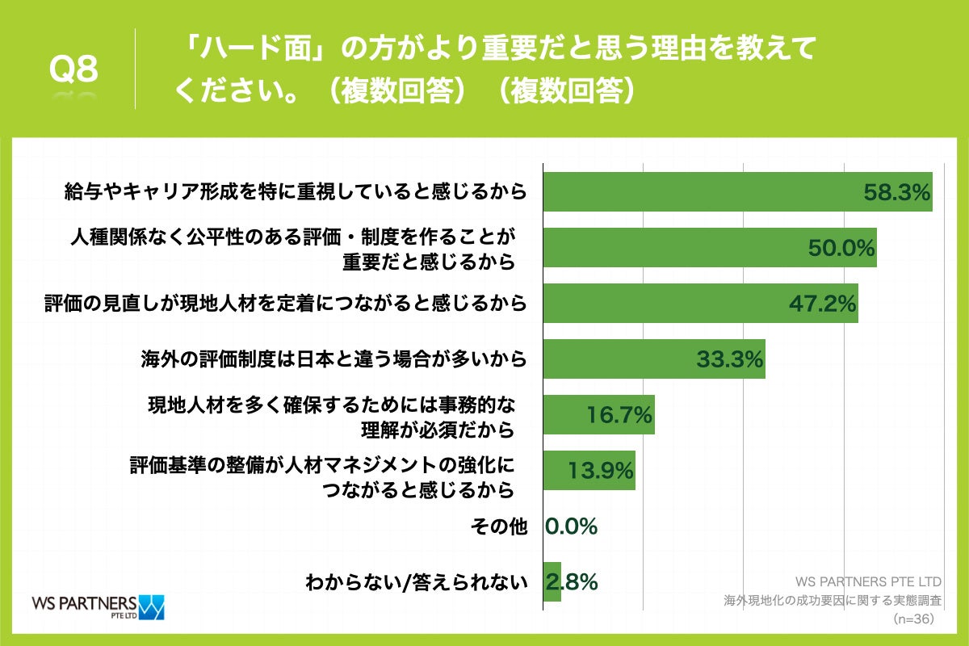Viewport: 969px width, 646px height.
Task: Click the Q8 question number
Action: tap(73, 71)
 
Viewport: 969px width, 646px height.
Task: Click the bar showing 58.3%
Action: tap(736, 192)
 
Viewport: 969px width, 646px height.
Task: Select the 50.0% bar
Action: tap(709, 248)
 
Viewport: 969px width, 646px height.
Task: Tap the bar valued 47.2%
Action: tap(699, 304)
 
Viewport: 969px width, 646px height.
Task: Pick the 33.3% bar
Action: tap(653, 359)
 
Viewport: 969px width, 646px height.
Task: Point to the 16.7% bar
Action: tap(598, 415)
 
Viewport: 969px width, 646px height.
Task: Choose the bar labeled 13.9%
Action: tap(589, 471)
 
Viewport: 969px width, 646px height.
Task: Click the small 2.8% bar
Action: tap(552, 581)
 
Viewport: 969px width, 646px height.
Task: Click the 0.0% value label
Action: tap(572, 526)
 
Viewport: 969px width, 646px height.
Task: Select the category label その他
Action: tap(498, 526)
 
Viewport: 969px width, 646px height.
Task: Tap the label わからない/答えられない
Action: tap(416, 581)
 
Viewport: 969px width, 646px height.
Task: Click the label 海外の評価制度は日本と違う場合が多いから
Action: tap(333, 359)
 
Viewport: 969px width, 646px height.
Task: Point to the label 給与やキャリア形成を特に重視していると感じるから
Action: tap(296, 192)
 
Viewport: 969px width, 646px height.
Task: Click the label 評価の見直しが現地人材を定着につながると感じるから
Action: tap(285, 304)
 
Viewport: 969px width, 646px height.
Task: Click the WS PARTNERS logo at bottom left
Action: tap(97, 606)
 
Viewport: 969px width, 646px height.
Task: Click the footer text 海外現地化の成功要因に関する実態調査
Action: tap(833, 601)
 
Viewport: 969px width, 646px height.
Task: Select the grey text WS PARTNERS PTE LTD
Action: tap(869, 581)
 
